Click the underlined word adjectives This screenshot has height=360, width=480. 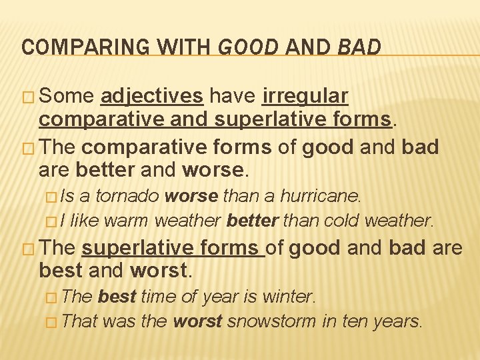click(151, 97)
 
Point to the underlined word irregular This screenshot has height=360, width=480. click(305, 97)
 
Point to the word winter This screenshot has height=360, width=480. click(293, 296)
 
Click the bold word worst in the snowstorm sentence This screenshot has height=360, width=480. click(197, 321)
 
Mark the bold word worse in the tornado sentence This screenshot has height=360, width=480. click(191, 197)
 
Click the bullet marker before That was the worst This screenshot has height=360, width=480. click(51, 321)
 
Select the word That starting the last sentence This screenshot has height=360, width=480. click(79, 321)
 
